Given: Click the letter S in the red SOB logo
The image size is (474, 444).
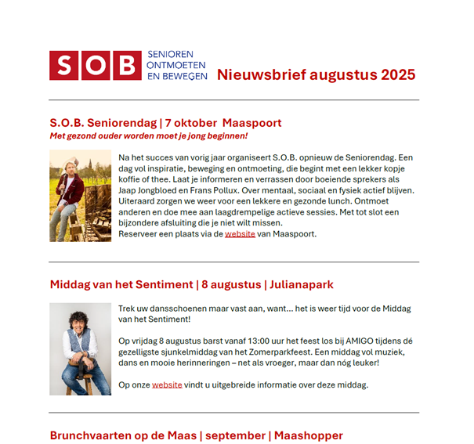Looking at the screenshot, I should click(x=64, y=66).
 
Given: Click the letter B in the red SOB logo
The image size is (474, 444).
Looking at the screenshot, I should click(x=125, y=66).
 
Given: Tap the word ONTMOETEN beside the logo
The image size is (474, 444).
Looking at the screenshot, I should click(x=177, y=66).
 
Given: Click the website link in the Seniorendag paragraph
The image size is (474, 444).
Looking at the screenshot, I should click(x=240, y=233).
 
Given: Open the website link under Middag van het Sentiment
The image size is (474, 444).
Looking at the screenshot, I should click(x=167, y=384).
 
